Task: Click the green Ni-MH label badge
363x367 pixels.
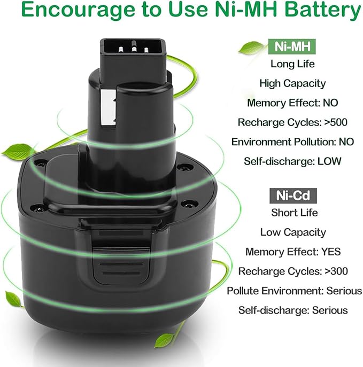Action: (x=292, y=46)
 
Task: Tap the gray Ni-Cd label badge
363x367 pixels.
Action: (x=292, y=194)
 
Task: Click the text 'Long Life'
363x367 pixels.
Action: (x=292, y=64)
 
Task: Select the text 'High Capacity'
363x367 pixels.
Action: (x=292, y=83)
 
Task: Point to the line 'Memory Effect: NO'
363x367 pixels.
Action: (x=292, y=103)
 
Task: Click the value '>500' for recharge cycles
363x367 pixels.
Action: (x=336, y=122)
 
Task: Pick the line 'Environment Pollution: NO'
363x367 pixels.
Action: (x=292, y=142)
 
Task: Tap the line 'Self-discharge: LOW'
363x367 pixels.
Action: (x=292, y=161)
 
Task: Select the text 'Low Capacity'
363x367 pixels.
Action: (x=292, y=232)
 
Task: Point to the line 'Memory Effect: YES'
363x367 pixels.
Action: (x=292, y=251)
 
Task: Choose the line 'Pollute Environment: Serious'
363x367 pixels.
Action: (x=295, y=291)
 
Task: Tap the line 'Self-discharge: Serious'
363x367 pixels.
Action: (x=293, y=310)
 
